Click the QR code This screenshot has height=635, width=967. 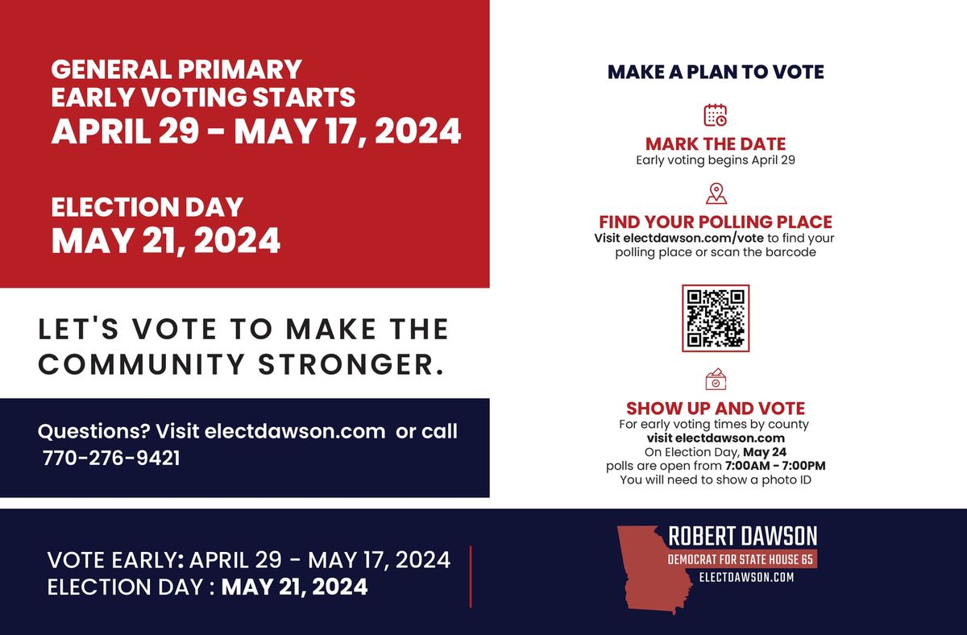[x=716, y=318]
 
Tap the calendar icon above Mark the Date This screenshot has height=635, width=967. [x=716, y=115]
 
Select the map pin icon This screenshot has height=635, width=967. [x=716, y=193]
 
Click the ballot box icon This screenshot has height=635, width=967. [x=716, y=379]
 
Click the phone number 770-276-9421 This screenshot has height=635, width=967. [x=111, y=459]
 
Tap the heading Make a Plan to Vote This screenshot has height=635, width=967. [x=716, y=72]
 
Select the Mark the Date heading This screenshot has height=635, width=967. [x=716, y=144]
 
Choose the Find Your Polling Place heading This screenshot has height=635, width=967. [x=716, y=222]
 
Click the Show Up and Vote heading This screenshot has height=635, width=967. [x=716, y=409]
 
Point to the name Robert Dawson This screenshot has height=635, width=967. [x=743, y=537]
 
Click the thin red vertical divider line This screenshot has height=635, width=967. [x=471, y=576]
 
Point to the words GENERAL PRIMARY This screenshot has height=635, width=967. [x=176, y=69]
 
